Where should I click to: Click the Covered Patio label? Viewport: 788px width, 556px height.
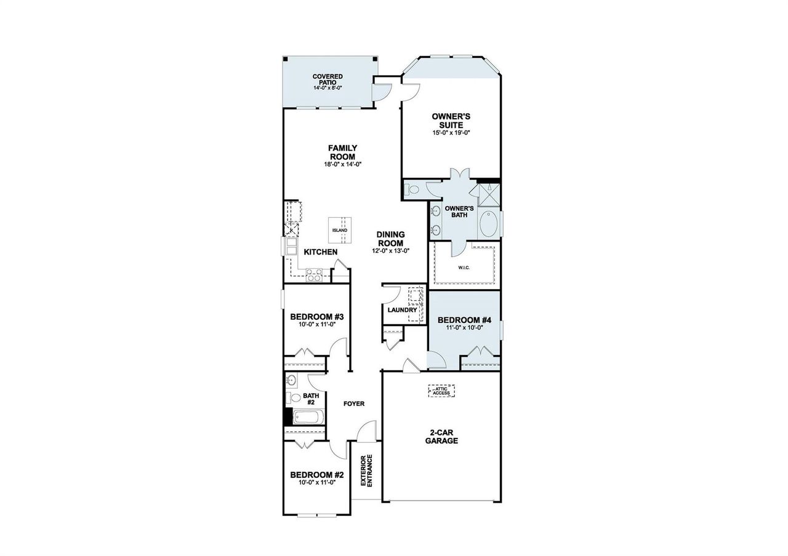pos(327,79)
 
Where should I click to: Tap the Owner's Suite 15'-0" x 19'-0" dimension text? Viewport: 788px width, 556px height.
pos(451,133)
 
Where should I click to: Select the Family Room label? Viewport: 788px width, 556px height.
pos(342,152)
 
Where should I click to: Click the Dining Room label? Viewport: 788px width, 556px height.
pos(390,238)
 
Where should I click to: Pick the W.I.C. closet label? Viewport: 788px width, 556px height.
pos(464,268)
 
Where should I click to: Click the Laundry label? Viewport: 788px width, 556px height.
pos(402,310)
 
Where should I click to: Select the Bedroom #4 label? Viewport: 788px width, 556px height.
pos(464,320)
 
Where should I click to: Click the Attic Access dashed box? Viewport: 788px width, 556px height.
pos(441,391)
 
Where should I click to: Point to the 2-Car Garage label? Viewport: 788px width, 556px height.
pos(441,436)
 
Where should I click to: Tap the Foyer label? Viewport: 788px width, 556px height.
pos(354,404)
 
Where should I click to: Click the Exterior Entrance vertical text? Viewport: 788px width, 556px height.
pos(366,471)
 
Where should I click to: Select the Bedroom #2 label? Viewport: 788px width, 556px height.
pos(316,475)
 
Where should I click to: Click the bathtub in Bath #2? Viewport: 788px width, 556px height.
pos(307,417)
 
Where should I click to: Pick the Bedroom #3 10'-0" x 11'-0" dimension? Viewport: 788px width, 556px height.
pos(316,325)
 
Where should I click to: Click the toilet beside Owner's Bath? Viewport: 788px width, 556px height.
pos(413,189)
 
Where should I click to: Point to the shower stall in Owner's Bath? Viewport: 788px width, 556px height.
pos(489,194)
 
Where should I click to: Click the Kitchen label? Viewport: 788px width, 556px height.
pos(320,252)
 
